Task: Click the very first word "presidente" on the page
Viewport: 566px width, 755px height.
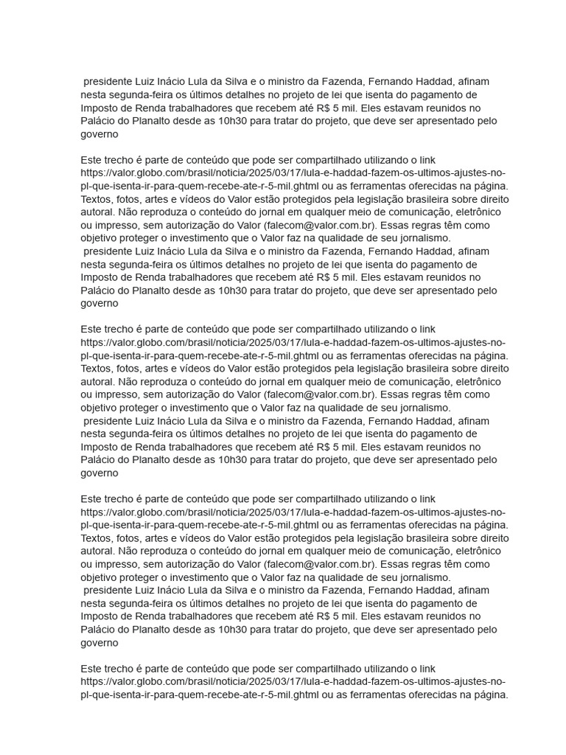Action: (107, 82)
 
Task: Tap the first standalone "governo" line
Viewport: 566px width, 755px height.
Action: (99, 134)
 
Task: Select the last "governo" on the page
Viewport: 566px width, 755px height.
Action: (99, 643)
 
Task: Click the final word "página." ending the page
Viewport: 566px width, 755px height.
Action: (491, 695)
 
